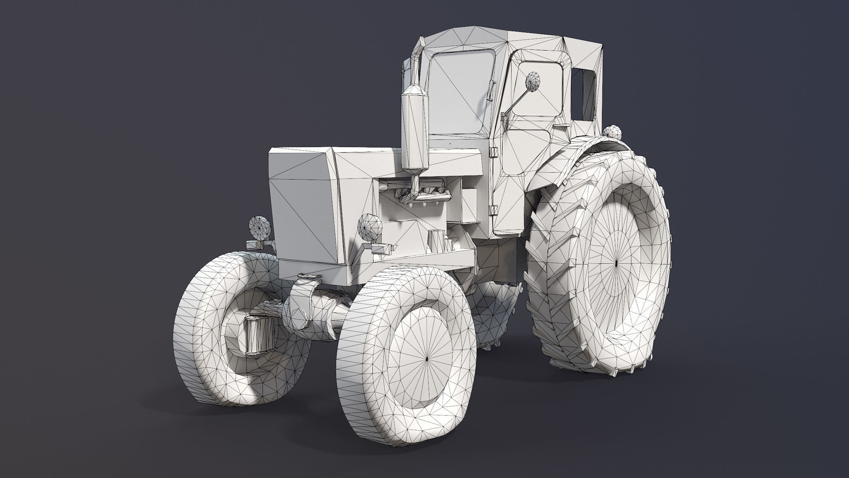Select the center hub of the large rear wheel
tap(616, 263)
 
